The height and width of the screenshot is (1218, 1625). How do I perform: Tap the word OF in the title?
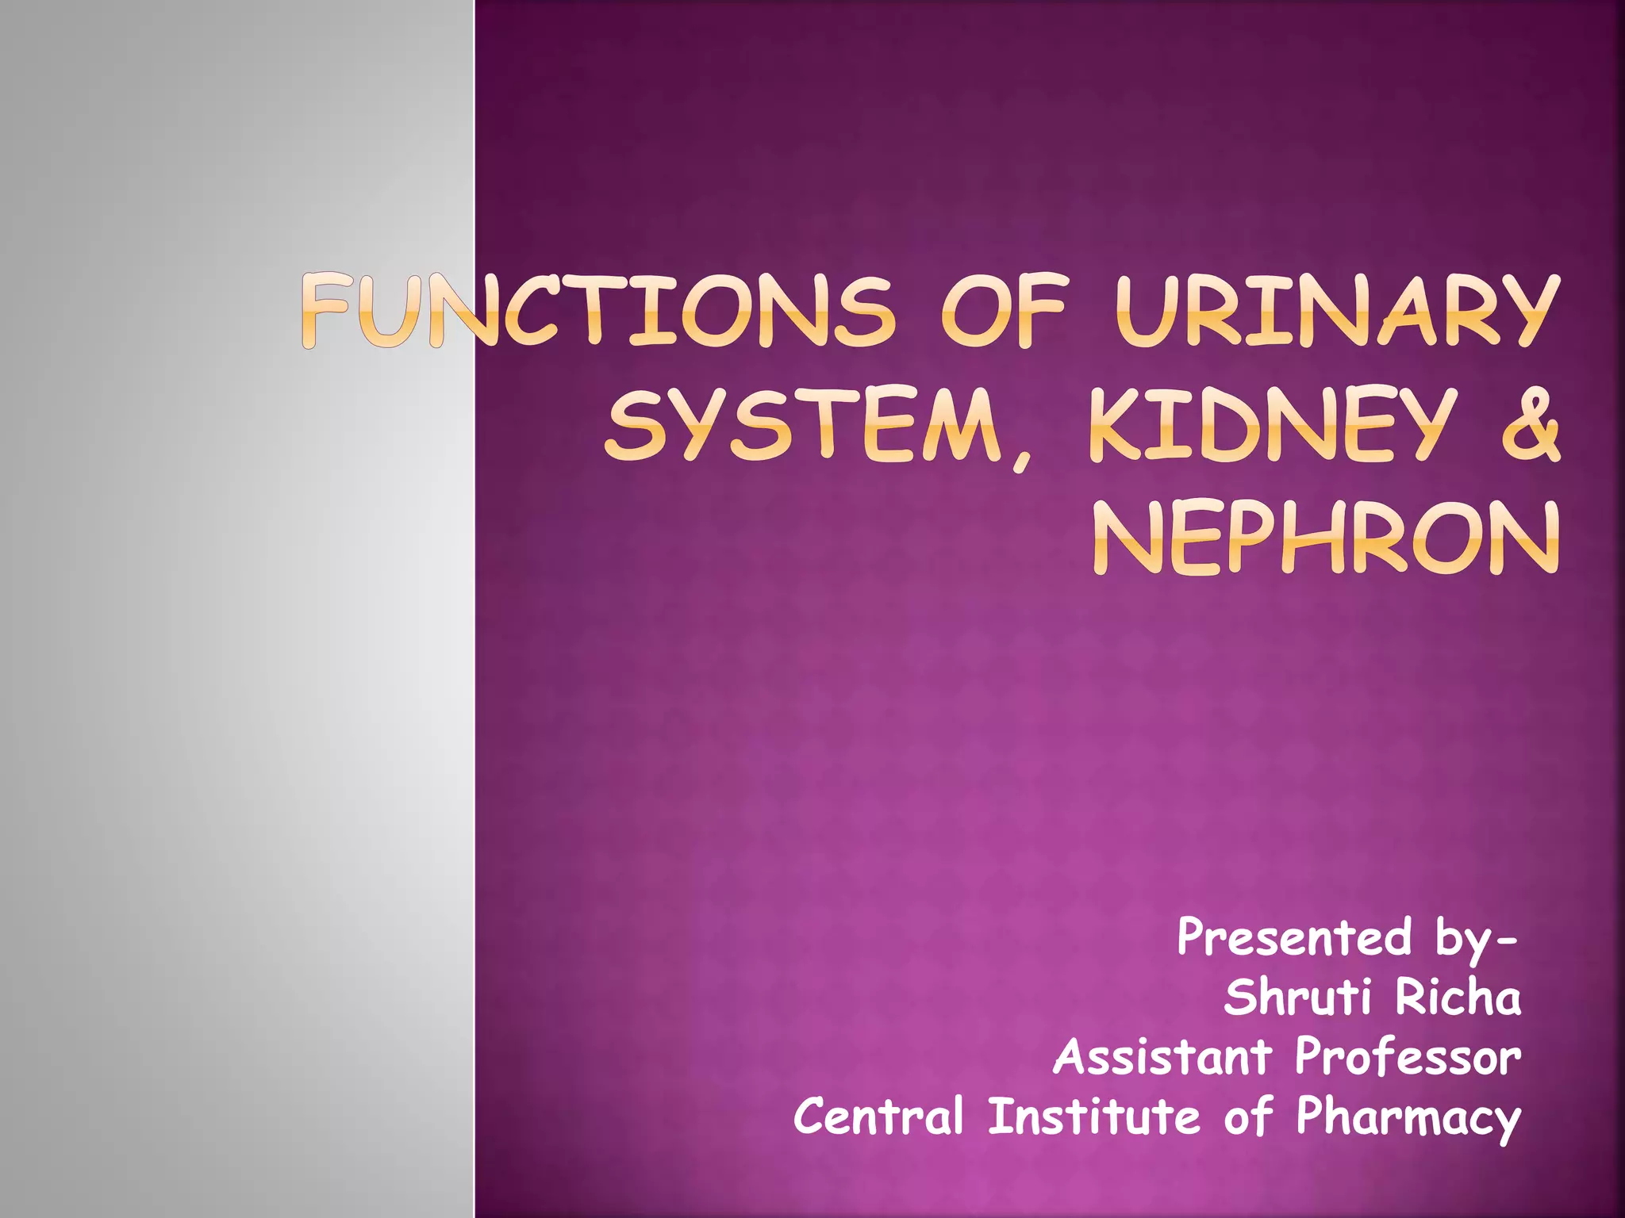1003,311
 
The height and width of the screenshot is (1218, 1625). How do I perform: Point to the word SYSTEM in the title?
801,425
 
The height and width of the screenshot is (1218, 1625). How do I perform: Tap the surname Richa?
1458,998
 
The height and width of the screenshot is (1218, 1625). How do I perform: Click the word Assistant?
1163,1057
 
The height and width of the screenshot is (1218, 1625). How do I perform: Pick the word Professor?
1408,1057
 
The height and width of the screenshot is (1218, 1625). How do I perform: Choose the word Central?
878,1116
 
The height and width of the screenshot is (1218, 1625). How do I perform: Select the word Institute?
1094,1116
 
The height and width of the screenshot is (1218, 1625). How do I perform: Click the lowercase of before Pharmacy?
1248,1116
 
